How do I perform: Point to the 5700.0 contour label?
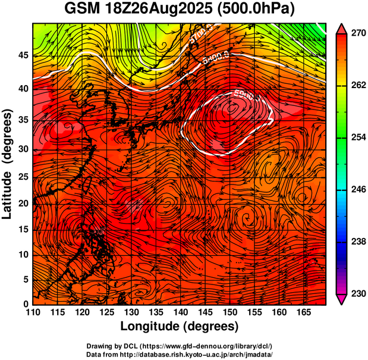202,34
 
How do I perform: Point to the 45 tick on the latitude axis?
23,55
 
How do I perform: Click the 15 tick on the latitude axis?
23,228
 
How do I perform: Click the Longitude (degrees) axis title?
180,326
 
